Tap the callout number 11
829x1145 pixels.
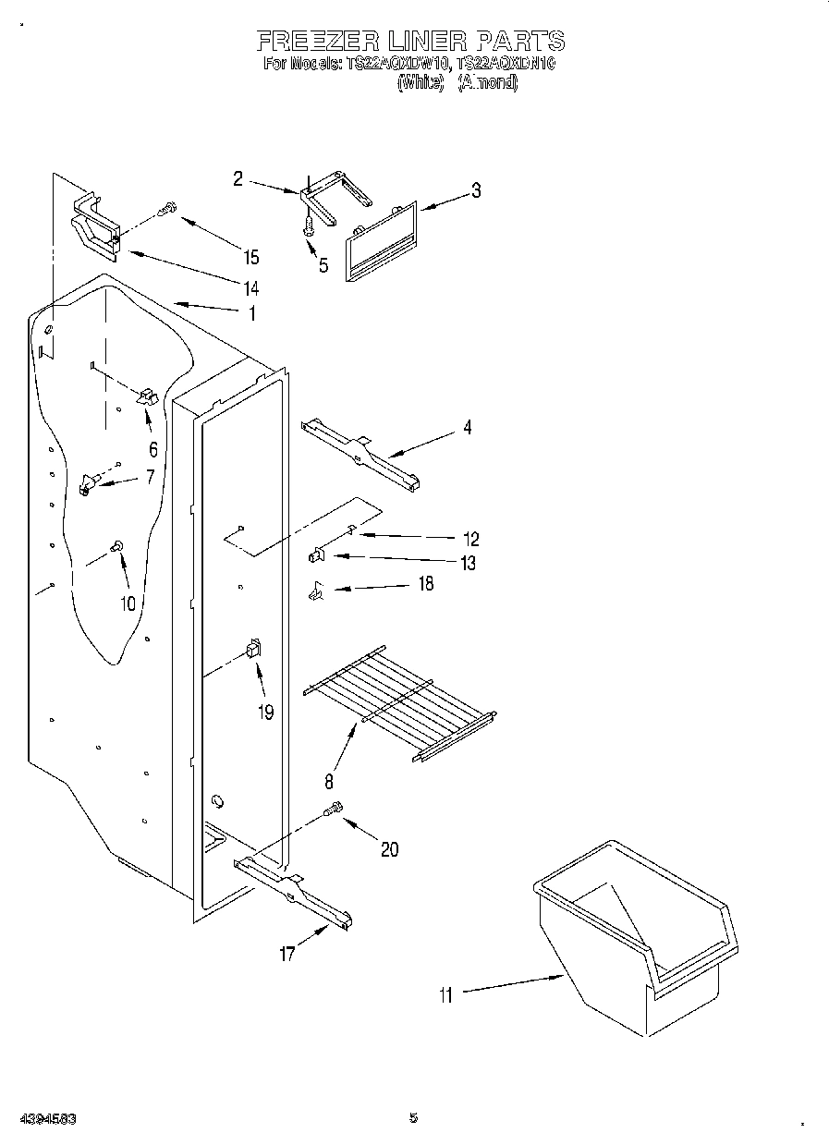[446, 994]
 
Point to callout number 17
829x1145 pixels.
[287, 954]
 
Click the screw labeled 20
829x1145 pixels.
[335, 810]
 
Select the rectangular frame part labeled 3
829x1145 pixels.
[381, 240]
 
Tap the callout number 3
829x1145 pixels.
[475, 191]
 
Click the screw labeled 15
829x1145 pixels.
[167, 210]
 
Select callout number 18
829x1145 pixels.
[425, 584]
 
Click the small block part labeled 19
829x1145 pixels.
[253, 651]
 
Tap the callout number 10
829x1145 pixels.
[128, 603]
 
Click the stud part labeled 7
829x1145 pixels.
[89, 482]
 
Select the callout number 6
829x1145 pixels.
[152, 449]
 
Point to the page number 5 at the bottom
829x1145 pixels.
[413, 1117]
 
